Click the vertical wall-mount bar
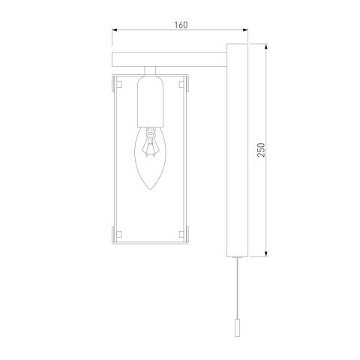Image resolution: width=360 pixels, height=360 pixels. pyautogui.click(x=234, y=150)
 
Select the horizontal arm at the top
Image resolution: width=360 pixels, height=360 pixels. pyautogui.click(x=169, y=58)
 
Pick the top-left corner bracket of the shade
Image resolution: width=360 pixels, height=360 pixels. pyautogui.click(x=116, y=81)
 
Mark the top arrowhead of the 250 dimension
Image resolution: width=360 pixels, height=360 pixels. pyautogui.click(x=268, y=46)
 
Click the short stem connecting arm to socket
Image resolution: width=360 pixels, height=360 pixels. pyautogui.click(x=151, y=70)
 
